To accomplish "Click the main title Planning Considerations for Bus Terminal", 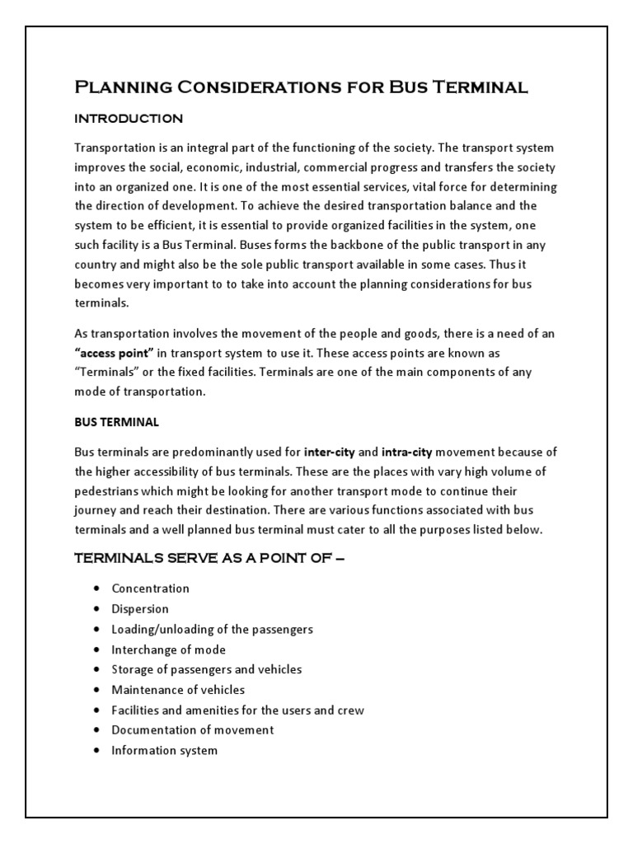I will pyautogui.click(x=301, y=87).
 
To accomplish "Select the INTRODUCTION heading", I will pyautogui.click(x=129, y=119).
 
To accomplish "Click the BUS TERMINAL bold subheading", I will pyautogui.click(x=116, y=422).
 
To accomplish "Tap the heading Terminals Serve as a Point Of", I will pyautogui.click(x=209, y=558).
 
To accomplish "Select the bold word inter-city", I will pyautogui.click(x=330, y=452).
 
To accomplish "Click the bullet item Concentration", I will pyautogui.click(x=150, y=588).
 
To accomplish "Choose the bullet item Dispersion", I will pyautogui.click(x=140, y=609).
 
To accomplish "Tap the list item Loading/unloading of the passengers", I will pyautogui.click(x=212, y=629).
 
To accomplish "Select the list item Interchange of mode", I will pyautogui.click(x=168, y=649).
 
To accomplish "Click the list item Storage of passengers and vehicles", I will pyautogui.click(x=206, y=669).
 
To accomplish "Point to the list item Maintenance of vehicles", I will pyautogui.click(x=178, y=690).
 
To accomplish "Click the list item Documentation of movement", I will pyautogui.click(x=192, y=730).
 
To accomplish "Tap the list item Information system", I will pyautogui.click(x=164, y=751).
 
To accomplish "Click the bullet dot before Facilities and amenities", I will pyautogui.click(x=96, y=710).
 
